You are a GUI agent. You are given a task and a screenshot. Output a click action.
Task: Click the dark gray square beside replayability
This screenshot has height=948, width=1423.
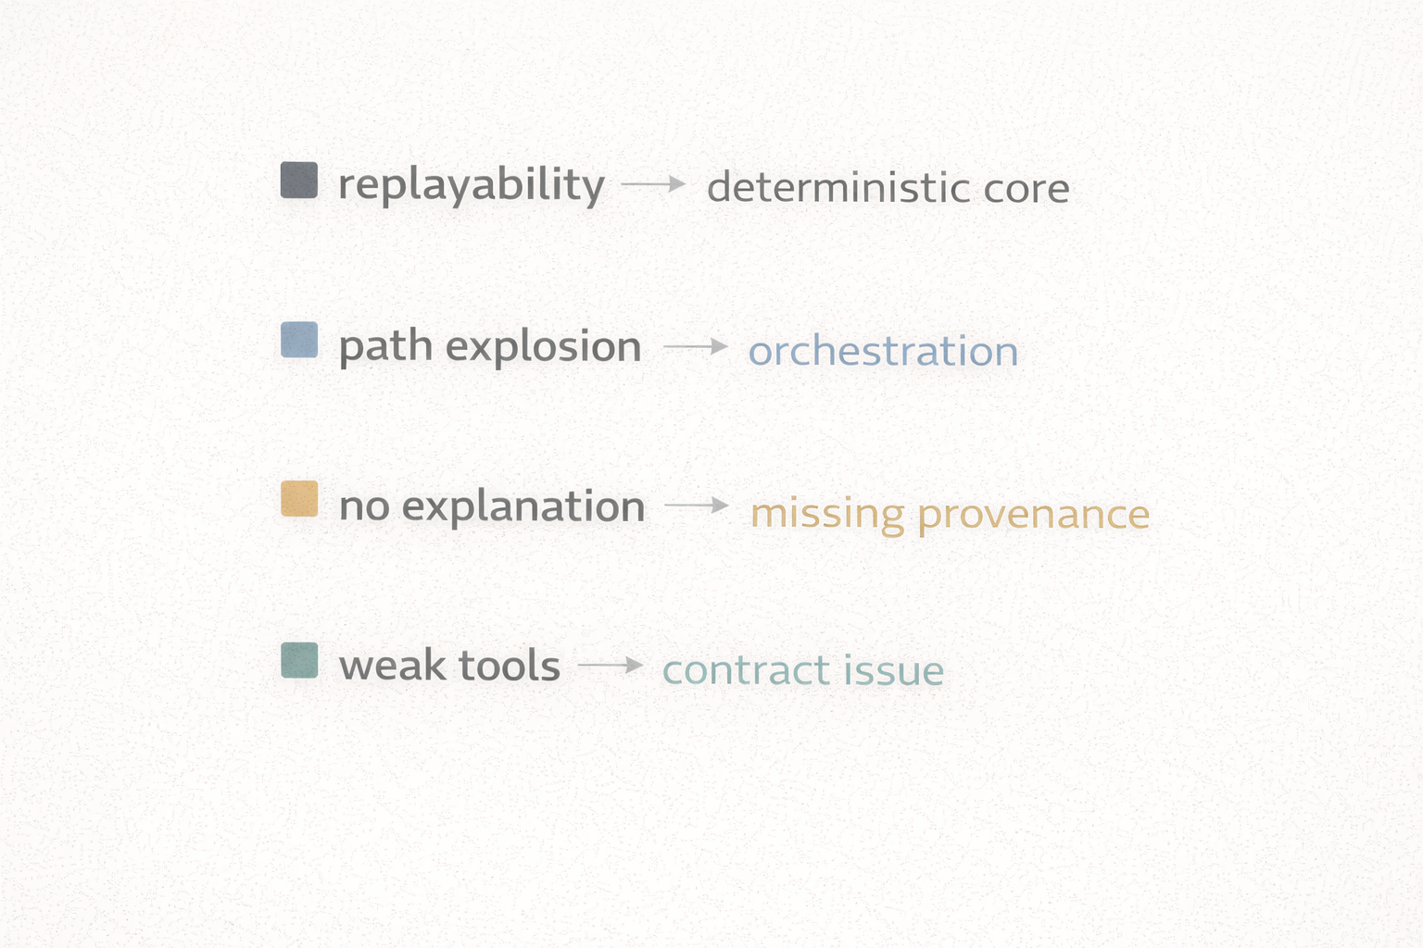pyautogui.click(x=299, y=181)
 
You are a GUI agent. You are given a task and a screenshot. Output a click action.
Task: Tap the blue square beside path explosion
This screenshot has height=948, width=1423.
pyautogui.click(x=299, y=340)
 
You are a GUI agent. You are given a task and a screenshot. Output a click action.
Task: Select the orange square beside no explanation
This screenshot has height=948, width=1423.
pyautogui.click(x=299, y=499)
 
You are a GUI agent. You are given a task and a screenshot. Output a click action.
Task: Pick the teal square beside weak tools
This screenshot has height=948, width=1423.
pyautogui.click(x=299, y=660)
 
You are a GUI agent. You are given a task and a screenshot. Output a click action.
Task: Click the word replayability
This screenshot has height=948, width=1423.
pyautogui.click(x=471, y=185)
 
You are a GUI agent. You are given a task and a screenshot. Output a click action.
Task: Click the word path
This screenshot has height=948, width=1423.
pyautogui.click(x=385, y=347)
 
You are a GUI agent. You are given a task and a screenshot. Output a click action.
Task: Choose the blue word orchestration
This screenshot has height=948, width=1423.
pyautogui.click(x=883, y=352)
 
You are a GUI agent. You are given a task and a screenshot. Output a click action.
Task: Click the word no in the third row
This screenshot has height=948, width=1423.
pyautogui.click(x=364, y=506)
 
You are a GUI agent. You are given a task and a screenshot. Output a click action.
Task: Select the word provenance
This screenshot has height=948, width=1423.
pyautogui.click(x=1033, y=515)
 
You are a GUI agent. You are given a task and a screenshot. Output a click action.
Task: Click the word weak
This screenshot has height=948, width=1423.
pyautogui.click(x=392, y=666)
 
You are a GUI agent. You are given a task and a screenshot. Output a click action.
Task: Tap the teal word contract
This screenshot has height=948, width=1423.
pyautogui.click(x=746, y=670)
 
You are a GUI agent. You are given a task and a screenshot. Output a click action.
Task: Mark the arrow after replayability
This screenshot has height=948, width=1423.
pyautogui.click(x=653, y=184)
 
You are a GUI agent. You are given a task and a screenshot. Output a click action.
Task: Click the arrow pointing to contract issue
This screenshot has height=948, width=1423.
pyautogui.click(x=611, y=665)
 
